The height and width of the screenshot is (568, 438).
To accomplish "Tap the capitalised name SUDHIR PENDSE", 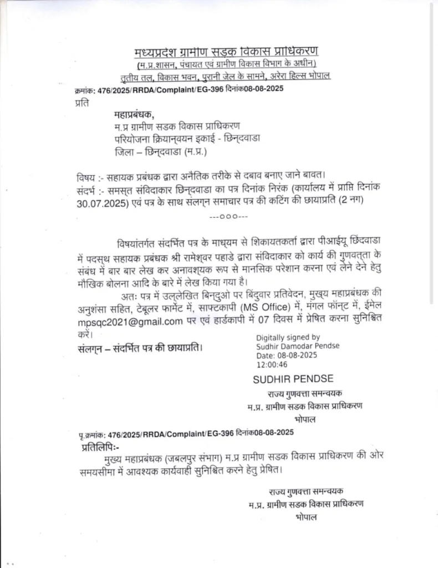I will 293,379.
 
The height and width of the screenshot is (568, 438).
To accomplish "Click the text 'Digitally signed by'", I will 288,337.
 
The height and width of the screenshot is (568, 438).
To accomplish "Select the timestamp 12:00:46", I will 272,365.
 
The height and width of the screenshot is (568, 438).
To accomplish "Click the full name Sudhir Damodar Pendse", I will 298,346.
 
